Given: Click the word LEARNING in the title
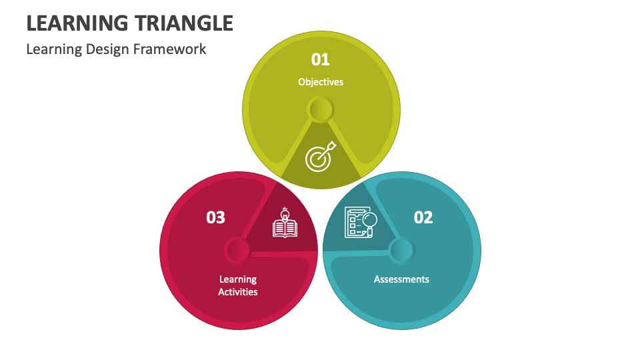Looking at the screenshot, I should pos(74,23).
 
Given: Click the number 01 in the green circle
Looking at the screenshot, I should pos(321,59).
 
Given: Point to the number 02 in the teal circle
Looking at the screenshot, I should pos(423,217).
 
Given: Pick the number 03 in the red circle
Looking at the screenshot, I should pos(215,217).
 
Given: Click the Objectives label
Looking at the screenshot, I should pos(321,82).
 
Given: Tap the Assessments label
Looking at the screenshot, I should pos(401,279).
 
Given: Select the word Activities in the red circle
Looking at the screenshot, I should pos(238,292).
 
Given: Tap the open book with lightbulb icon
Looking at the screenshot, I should pos(285,223).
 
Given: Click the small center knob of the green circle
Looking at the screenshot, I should pos(321,109).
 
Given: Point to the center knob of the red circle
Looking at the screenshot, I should pos(237,251).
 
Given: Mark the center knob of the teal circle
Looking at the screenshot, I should pos(402,251).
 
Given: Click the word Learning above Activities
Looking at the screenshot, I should pos(238,279).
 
